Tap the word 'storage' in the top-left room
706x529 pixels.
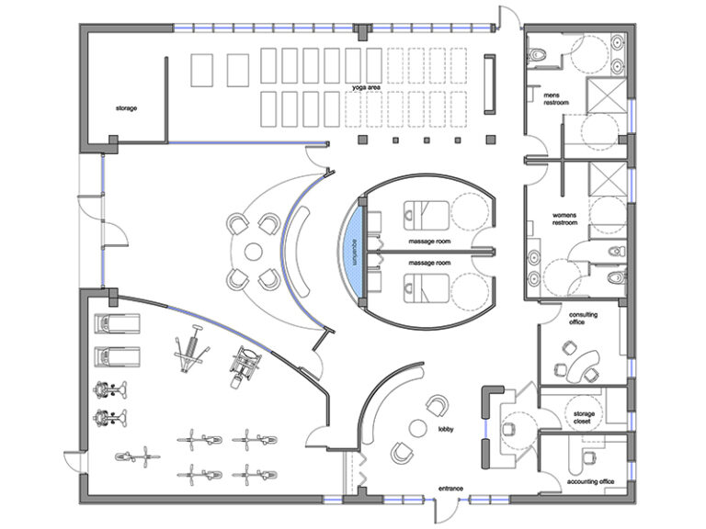[x=126, y=108]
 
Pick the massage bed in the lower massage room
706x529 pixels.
[x=420, y=287]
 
